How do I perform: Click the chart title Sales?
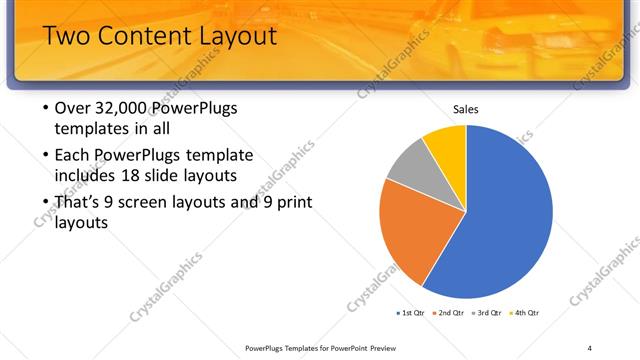pos(466,108)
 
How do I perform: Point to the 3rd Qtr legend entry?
pos(488,313)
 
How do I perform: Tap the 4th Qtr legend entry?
pos(526,313)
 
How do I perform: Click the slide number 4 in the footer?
pos(589,347)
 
